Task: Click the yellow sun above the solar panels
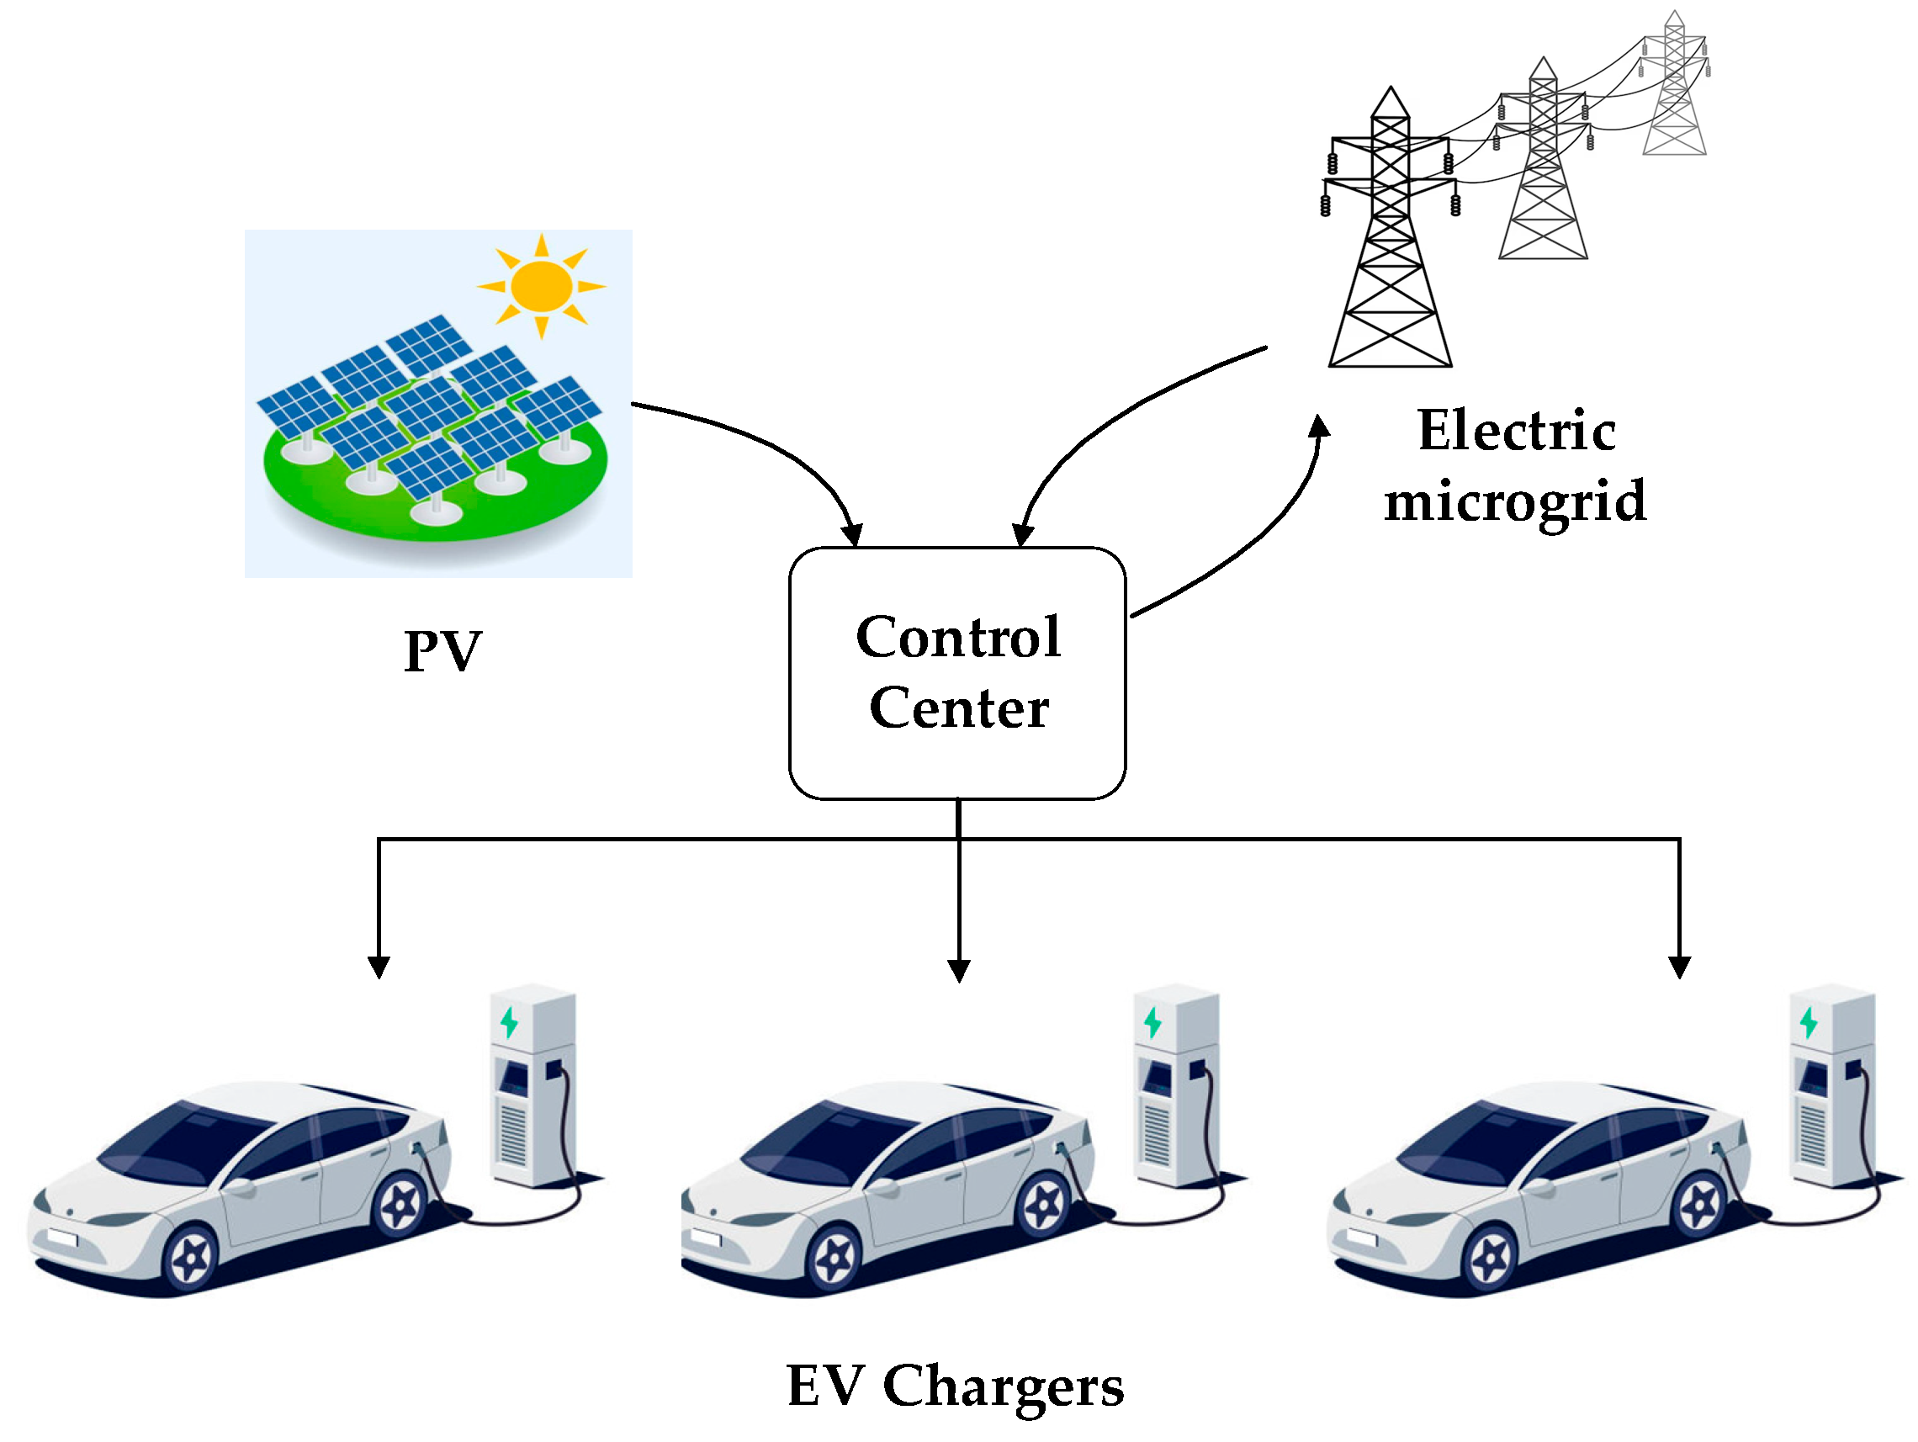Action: tap(541, 285)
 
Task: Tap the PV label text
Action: tap(442, 650)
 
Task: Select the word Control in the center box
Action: tap(958, 638)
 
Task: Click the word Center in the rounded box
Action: tap(958, 708)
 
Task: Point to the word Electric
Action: tap(1517, 430)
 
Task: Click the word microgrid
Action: tap(1515, 501)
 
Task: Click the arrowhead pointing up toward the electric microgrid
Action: tap(1319, 427)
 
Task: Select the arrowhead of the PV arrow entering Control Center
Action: tap(852, 534)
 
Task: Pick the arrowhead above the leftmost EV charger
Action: tap(379, 967)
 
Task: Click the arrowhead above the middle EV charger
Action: tap(958, 970)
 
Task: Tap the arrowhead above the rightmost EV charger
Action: tap(1680, 967)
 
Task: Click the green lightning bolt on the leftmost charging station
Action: tap(510, 1023)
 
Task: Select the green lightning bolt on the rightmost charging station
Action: tap(1809, 1023)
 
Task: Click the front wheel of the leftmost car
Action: tap(191, 1257)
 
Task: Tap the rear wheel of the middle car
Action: tap(1044, 1206)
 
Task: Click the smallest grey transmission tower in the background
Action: tap(1674, 87)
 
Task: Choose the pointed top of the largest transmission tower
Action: tap(1391, 92)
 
